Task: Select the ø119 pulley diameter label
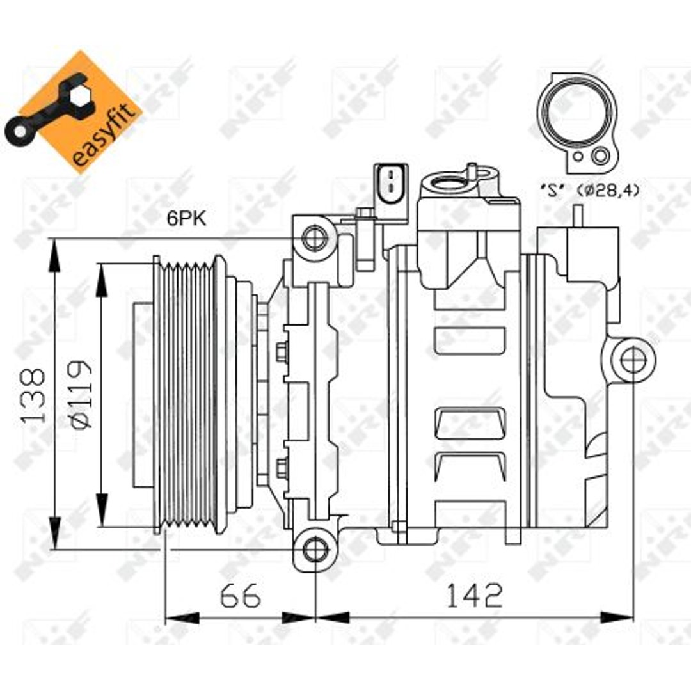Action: coord(81,394)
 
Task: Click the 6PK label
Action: coord(186,218)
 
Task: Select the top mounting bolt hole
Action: coord(315,238)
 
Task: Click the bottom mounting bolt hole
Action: coord(316,549)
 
